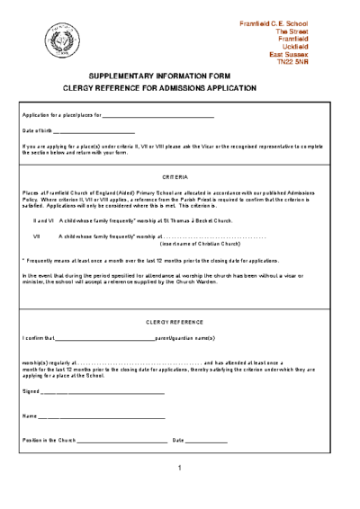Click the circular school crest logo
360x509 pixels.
(x=63, y=40)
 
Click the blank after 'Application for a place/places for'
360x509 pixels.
(x=158, y=117)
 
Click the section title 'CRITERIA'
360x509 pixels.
(x=175, y=177)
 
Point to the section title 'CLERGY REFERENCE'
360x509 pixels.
(x=175, y=321)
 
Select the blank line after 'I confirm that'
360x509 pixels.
(x=105, y=339)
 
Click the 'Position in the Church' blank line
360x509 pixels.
(x=122, y=440)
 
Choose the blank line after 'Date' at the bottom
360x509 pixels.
(x=206, y=440)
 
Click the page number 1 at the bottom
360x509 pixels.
(x=180, y=468)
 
